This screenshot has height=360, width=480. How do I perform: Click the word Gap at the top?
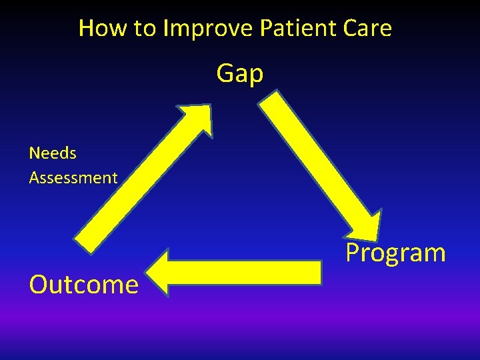pyautogui.click(x=240, y=74)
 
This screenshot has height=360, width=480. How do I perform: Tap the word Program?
pyautogui.click(x=395, y=253)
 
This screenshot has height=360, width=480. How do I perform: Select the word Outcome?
pyautogui.click(x=84, y=285)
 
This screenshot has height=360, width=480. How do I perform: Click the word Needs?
pyautogui.click(x=53, y=153)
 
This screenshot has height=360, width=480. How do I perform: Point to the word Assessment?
pyautogui.click(x=73, y=178)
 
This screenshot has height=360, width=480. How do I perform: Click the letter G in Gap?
pyautogui.click(x=225, y=73)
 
